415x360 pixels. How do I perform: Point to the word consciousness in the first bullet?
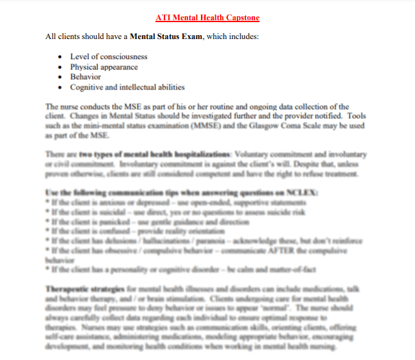(x=120, y=57)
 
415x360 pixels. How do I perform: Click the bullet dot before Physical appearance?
(x=60, y=67)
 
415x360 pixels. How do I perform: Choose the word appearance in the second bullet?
(x=118, y=66)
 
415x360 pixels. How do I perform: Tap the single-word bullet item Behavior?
(x=85, y=77)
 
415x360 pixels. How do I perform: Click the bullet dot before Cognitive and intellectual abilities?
(x=60, y=87)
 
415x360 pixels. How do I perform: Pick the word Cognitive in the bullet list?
(x=86, y=87)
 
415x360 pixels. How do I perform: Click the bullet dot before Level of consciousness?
(x=60, y=57)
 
